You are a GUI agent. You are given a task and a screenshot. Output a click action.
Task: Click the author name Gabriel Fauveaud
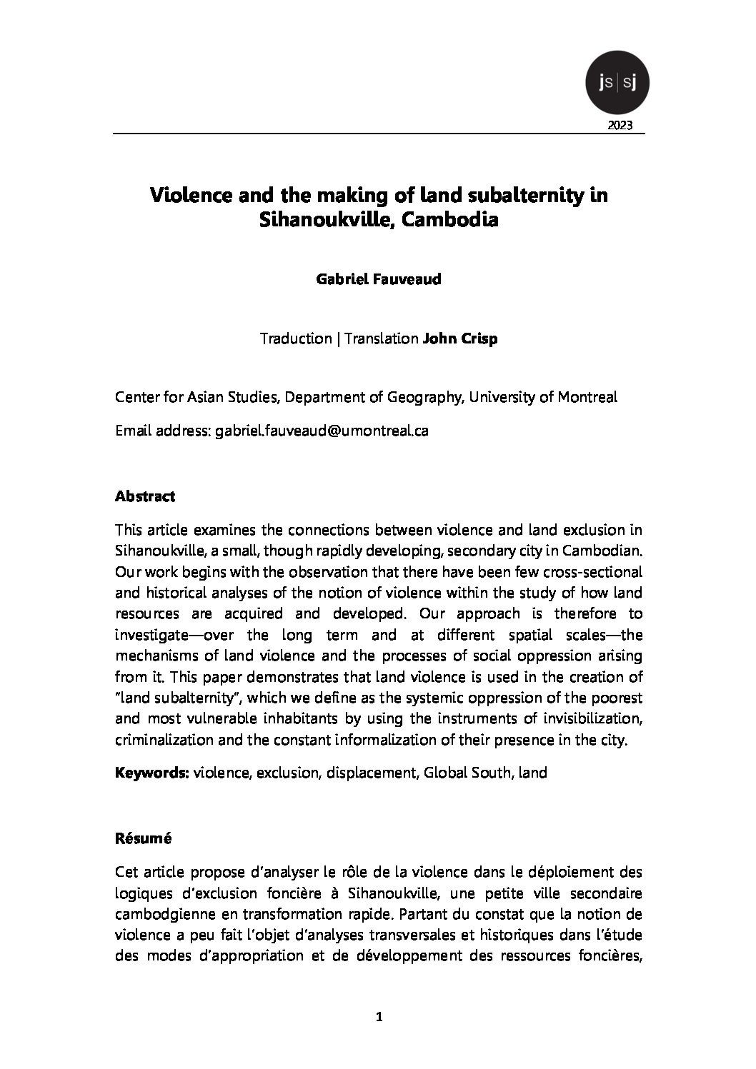[378, 279]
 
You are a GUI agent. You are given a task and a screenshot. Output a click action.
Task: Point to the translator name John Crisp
[460, 338]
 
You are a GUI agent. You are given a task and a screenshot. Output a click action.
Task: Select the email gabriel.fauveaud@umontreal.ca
[322, 431]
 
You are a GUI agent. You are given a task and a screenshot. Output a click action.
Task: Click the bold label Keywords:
[152, 773]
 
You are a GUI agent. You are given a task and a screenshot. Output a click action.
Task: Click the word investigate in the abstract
[149, 635]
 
